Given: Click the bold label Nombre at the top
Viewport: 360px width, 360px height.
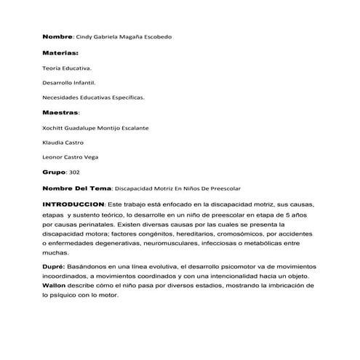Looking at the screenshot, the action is click(57, 36).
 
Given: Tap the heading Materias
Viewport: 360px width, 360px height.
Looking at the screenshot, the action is click(60, 53).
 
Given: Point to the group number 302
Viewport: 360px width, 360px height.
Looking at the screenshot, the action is click(73, 172).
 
